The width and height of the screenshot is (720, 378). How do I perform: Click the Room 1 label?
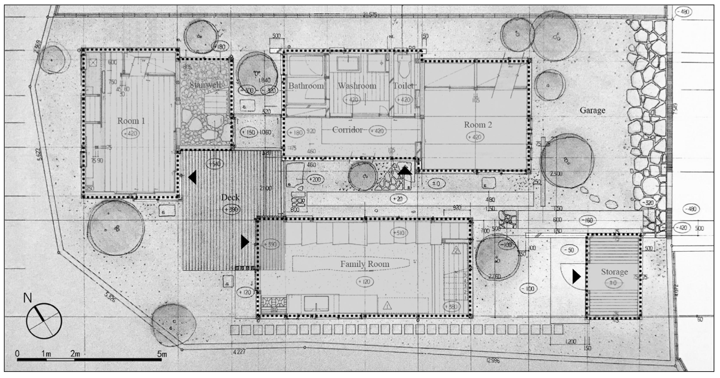point(131,121)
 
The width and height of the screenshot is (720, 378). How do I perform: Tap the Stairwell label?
point(205,85)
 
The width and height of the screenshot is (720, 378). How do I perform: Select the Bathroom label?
point(306,86)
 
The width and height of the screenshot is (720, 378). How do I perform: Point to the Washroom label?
point(357,86)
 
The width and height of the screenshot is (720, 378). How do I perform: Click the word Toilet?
point(403,86)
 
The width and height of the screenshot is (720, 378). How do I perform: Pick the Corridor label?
point(347,130)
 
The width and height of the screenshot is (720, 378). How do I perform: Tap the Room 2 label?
point(478,125)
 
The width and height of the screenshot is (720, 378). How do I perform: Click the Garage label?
point(592,110)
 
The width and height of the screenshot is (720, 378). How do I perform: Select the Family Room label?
point(364,264)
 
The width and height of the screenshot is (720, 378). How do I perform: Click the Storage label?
point(614,272)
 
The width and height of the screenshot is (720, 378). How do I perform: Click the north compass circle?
point(44,321)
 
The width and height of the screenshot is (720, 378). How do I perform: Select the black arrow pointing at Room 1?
point(192,177)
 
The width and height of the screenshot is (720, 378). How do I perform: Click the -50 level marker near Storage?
point(569,250)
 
